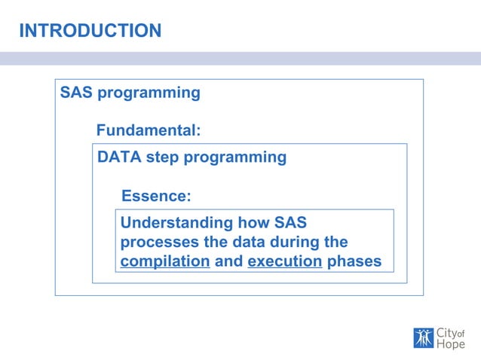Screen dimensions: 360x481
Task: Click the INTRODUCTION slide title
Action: point(90,31)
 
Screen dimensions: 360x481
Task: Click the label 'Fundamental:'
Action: point(149,130)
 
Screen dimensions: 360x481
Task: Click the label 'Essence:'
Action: point(156,196)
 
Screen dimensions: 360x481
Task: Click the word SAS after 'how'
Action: point(291,223)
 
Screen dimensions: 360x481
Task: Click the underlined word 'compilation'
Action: point(165,262)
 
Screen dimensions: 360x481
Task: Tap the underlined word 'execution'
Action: point(284,262)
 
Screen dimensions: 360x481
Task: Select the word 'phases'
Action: point(354,262)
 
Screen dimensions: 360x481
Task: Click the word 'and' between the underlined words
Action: point(228,262)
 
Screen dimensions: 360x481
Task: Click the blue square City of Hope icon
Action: point(424,338)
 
